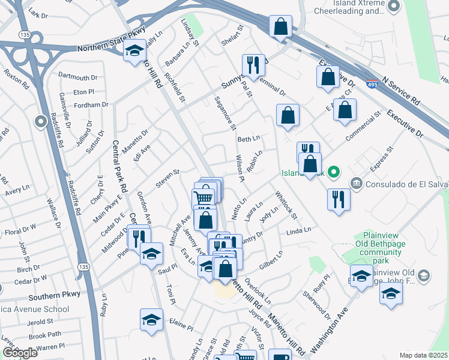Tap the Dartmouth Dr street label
[78, 78]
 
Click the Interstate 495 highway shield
[372, 85]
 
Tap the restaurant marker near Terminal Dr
[253, 65]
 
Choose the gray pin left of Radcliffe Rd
[41, 122]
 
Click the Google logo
[20, 353]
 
